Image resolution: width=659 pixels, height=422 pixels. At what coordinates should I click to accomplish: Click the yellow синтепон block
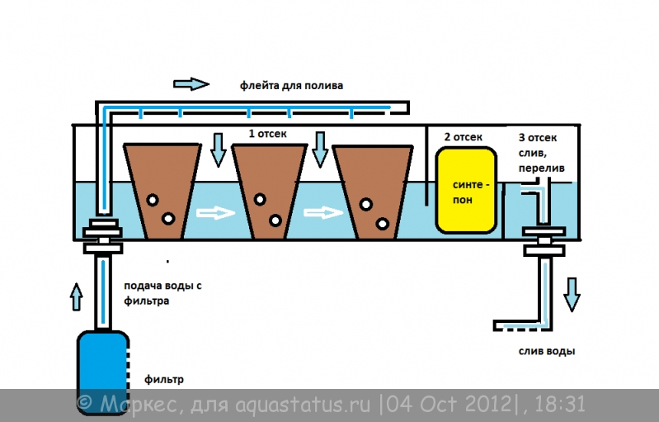tap(466, 190)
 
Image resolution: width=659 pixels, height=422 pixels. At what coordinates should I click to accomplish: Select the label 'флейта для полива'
tap(291, 85)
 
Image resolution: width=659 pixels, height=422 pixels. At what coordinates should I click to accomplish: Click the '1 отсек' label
tap(267, 134)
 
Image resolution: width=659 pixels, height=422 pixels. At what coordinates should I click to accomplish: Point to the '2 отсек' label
tap(464, 137)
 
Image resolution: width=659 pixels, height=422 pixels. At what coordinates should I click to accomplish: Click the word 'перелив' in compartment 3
tap(541, 168)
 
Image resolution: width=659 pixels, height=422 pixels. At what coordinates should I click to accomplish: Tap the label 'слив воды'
tap(546, 351)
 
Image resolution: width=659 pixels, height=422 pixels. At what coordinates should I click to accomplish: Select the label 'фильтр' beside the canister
tap(164, 380)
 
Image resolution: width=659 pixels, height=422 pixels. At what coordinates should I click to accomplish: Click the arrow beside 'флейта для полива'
tap(191, 84)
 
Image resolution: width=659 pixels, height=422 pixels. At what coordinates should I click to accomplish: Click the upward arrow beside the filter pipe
tap(76, 297)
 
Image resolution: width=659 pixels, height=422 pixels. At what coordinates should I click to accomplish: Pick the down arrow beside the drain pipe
tap(572, 295)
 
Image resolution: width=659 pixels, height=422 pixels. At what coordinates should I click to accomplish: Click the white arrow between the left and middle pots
tap(215, 212)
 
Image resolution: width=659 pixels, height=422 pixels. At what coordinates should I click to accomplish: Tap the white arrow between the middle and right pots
tap(322, 212)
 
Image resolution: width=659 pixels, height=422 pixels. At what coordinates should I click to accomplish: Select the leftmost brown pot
tap(162, 192)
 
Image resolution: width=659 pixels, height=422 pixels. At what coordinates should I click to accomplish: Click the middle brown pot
tap(270, 192)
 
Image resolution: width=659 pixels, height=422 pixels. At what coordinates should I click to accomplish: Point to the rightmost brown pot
tap(373, 192)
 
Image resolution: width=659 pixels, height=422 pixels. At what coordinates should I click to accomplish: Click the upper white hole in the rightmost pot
tap(366, 205)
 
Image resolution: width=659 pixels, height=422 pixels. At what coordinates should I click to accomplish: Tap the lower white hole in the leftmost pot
tap(168, 219)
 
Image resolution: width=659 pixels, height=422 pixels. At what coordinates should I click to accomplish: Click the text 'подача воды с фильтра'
tap(162, 293)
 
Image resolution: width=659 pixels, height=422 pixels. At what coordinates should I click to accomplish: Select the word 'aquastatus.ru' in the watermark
tap(303, 405)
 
